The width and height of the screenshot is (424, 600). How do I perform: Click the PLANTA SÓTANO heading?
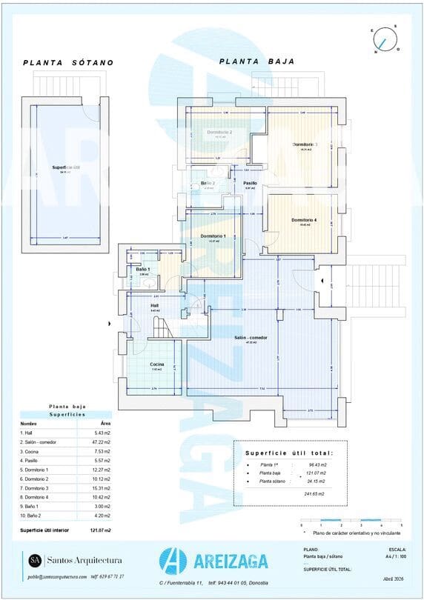[68, 63]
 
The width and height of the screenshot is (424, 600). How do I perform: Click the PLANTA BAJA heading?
[257, 62]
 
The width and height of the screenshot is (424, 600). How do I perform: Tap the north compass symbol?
[385, 39]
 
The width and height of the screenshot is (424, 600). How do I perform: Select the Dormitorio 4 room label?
[304, 220]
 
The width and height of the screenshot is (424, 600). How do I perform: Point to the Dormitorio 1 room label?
[213, 236]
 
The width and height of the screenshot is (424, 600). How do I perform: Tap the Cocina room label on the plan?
[156, 364]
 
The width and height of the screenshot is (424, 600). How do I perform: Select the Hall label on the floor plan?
[155, 305]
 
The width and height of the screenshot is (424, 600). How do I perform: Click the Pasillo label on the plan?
[250, 182]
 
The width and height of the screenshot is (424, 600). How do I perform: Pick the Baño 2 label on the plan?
[208, 182]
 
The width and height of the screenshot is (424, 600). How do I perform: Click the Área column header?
[105, 423]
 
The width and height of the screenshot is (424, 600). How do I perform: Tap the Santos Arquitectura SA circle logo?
[35, 560]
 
